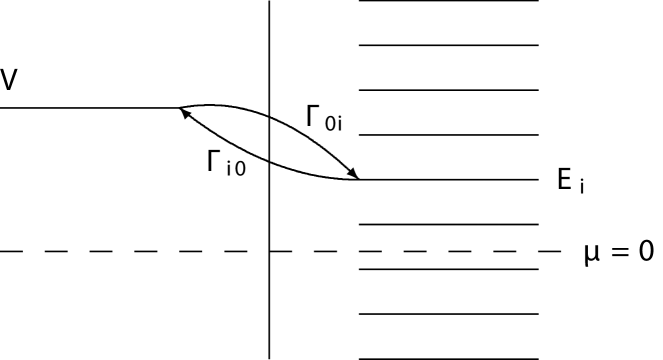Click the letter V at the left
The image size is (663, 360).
pyautogui.click(x=9, y=79)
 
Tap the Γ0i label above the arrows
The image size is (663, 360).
pyautogui.click(x=325, y=120)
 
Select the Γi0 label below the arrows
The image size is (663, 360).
pyautogui.click(x=226, y=161)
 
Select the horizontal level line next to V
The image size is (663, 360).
pyautogui.click(x=90, y=106)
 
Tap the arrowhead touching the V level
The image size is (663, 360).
pyautogui.click(x=184, y=113)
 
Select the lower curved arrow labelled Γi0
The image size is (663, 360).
pyautogui.click(x=250, y=160)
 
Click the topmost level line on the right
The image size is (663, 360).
pyautogui.click(x=448, y=1)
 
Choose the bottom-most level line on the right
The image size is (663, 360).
pyautogui.click(x=448, y=357)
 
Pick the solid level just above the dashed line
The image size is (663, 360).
pyautogui.click(x=448, y=224)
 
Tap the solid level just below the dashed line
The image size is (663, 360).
pyautogui.click(x=448, y=268)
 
